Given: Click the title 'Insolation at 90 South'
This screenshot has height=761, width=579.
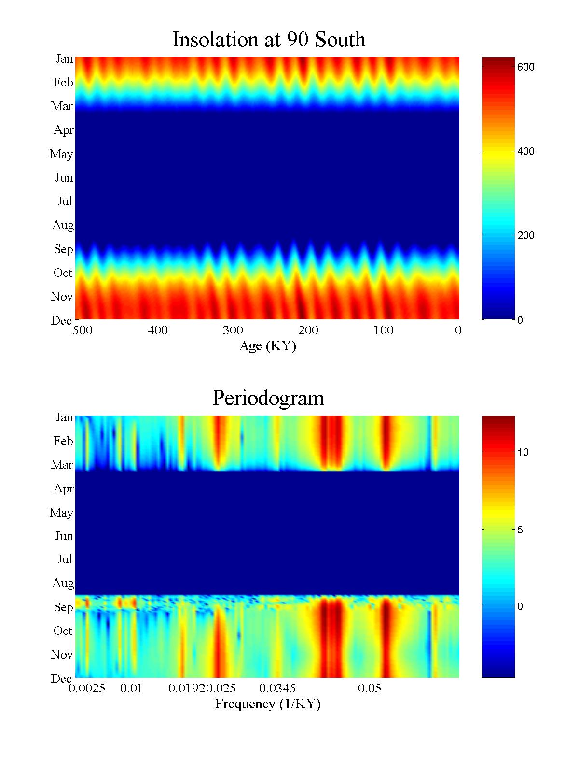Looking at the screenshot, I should tap(269, 40).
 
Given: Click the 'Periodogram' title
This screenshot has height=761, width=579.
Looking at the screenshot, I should tap(268, 398).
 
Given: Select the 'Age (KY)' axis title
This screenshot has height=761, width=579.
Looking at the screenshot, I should tap(268, 346).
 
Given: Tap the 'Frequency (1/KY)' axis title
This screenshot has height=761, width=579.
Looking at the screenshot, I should tap(268, 704).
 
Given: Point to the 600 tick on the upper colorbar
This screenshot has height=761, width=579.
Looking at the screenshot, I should tap(525, 67).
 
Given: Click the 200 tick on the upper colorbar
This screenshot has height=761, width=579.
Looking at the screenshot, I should tap(525, 235).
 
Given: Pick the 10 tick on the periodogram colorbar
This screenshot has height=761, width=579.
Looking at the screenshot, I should tap(523, 452).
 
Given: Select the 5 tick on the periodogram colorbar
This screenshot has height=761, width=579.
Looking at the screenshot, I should tap(520, 530).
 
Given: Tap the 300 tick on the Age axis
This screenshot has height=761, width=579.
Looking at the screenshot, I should tap(233, 330).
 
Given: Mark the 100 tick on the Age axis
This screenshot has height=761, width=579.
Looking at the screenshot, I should tap(384, 330).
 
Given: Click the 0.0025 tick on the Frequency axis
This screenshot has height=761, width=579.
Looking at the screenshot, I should tap(87, 688).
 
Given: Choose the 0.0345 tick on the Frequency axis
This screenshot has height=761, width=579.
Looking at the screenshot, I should tap(277, 688).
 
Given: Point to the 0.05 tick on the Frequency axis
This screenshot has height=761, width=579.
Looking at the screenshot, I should tap(370, 688).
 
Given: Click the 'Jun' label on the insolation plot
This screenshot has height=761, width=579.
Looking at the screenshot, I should tap(64, 177).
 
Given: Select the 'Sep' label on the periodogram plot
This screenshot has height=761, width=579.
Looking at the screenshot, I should tap(63, 607).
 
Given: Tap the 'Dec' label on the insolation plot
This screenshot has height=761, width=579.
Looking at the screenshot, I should tap(62, 320).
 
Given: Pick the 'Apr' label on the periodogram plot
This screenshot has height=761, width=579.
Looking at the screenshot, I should tap(64, 488).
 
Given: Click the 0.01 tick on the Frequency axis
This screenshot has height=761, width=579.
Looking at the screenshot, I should tap(131, 688).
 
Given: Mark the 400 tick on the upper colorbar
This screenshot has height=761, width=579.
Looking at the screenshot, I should tap(525, 151).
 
